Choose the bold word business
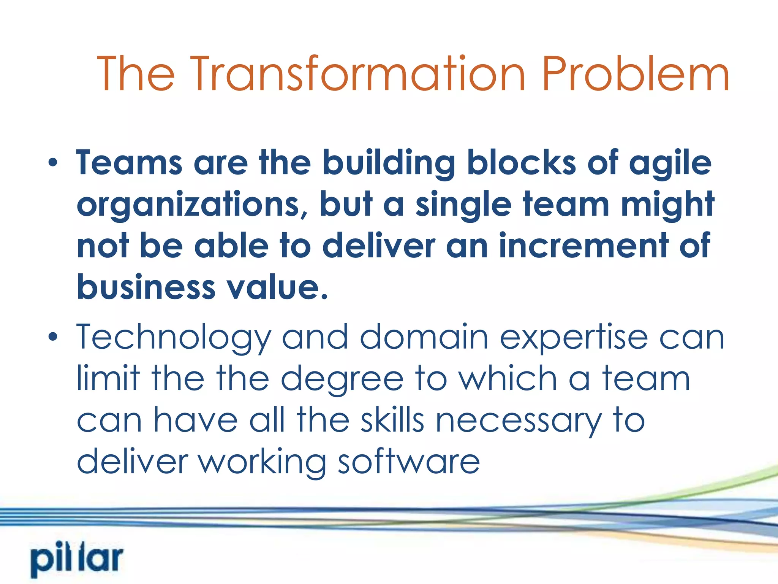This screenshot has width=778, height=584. point(146,287)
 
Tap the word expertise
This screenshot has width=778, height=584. point(574,337)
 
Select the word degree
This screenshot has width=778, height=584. point(342,379)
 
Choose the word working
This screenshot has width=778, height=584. point(262,462)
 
